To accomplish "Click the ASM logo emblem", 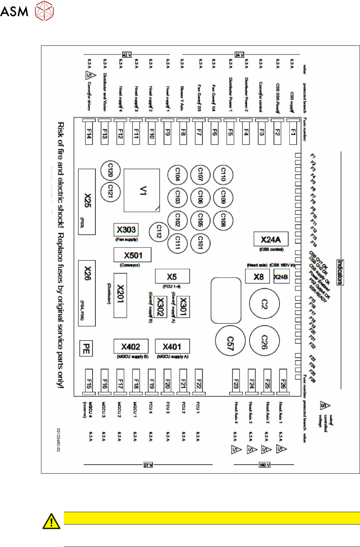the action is pyautogui.click(x=44, y=11).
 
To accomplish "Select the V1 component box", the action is pyautogui.click(x=142, y=190).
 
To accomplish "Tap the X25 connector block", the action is pyautogui.click(x=87, y=202).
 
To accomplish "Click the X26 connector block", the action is pyautogui.click(x=87, y=293).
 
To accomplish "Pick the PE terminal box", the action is pyautogui.click(x=86, y=348).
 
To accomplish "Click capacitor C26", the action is pyautogui.click(x=264, y=341).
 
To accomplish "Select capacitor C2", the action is pyautogui.click(x=264, y=304).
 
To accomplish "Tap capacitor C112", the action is pyautogui.click(x=159, y=231).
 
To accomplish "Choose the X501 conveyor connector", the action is pyautogui.click(x=132, y=255).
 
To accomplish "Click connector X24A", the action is pyautogui.click(x=271, y=239).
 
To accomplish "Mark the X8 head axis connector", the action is pyautogui.click(x=258, y=277).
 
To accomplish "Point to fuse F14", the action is pyautogui.click(x=89, y=133).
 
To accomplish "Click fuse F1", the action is pyautogui.click(x=292, y=133).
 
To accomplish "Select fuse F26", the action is pyautogui.click(x=283, y=382).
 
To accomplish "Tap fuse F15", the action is pyautogui.click(x=89, y=382).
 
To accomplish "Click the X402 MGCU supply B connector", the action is pyautogui.click(x=131, y=347).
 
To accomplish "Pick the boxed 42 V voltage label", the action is pyautogui.click(x=127, y=55).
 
